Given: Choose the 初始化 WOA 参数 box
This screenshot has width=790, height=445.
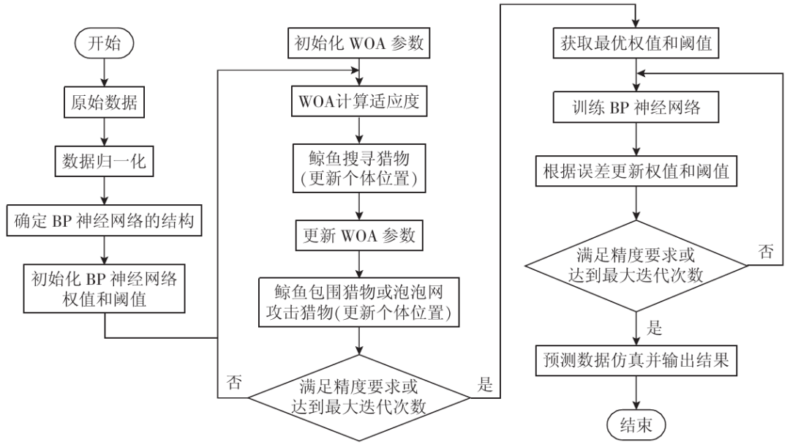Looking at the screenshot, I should point(358,43).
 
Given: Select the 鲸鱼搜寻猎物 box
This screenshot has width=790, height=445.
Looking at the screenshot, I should point(358,167).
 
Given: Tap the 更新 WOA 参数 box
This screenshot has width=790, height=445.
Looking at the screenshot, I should point(358,236).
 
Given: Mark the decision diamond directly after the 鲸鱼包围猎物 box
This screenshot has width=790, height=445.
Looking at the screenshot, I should point(358,395).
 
